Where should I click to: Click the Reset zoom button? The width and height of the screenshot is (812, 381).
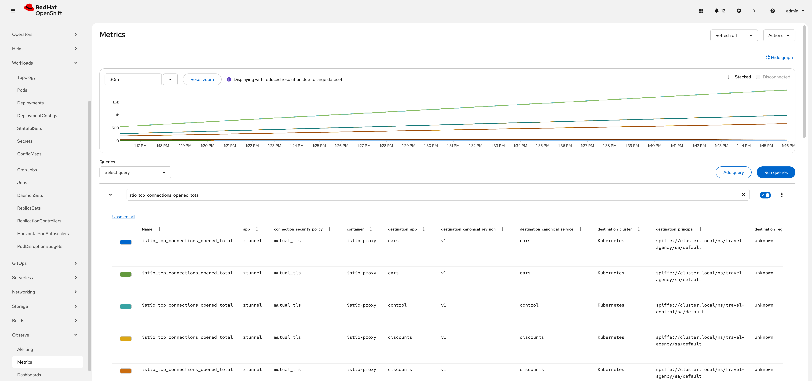(x=202, y=79)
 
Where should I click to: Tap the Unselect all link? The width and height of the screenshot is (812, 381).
(x=124, y=217)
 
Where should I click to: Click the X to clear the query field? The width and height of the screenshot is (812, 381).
(x=743, y=195)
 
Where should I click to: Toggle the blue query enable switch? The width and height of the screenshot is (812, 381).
(x=765, y=195)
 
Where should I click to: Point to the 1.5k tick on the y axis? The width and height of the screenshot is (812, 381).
(x=116, y=102)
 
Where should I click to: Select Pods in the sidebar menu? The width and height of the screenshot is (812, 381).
(x=22, y=90)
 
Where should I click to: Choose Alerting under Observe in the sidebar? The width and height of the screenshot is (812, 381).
(x=25, y=349)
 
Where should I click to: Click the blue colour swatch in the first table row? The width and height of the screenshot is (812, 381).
(x=125, y=242)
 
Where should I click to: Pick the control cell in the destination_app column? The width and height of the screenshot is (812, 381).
(x=397, y=305)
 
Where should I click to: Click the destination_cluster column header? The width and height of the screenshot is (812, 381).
(x=614, y=229)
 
